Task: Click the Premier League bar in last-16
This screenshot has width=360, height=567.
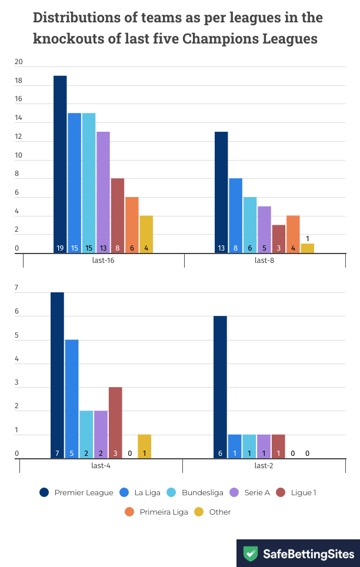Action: pyautogui.click(x=60, y=165)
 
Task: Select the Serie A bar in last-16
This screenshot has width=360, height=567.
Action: pyautogui.click(x=103, y=192)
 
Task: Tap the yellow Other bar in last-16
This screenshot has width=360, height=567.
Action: pyautogui.click(x=146, y=234)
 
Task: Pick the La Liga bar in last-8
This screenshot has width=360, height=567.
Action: pyautogui.click(x=235, y=215)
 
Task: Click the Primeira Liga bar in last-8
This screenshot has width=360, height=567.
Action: pyautogui.click(x=293, y=234)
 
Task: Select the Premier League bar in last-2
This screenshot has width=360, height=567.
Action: pyautogui.click(x=220, y=387)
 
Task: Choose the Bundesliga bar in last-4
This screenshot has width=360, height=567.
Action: pyautogui.click(x=86, y=434)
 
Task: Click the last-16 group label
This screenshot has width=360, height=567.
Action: pyautogui.click(x=104, y=261)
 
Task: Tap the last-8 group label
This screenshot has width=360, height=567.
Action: pyautogui.click(x=264, y=261)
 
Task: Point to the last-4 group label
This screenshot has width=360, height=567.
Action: pyautogui.click(x=101, y=465)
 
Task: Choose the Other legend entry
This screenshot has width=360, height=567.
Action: pyautogui.click(x=213, y=512)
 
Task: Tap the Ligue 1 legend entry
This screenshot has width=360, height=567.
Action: pyautogui.click(x=297, y=492)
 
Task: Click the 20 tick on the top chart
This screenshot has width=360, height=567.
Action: pyautogui.click(x=19, y=62)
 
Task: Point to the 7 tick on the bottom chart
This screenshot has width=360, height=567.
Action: pyautogui.click(x=17, y=288)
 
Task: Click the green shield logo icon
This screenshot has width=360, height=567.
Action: pyautogui.click(x=251, y=554)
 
